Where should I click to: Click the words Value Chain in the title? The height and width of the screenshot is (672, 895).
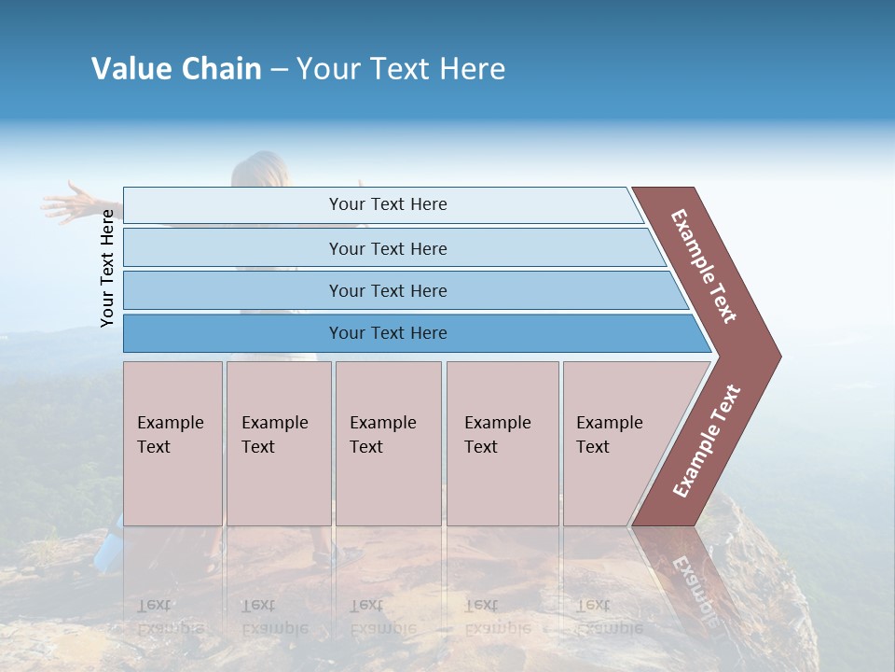[x=176, y=69]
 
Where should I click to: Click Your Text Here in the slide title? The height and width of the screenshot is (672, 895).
[x=401, y=69]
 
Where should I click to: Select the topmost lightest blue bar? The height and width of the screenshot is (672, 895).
[x=382, y=204]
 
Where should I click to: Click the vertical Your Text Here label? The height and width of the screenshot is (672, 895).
[x=107, y=268]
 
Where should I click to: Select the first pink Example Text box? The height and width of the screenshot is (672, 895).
[x=172, y=443]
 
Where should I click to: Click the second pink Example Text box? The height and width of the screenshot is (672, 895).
[x=278, y=443]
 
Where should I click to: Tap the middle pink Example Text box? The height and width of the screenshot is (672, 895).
[x=388, y=443]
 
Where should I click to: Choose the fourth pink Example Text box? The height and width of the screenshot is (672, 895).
[x=503, y=443]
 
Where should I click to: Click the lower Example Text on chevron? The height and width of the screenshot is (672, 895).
[x=707, y=441]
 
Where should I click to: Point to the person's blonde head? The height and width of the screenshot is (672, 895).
[x=258, y=171]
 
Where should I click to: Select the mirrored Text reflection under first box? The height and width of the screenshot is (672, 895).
[x=154, y=605]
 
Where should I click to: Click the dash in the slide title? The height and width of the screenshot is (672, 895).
[x=279, y=70]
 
